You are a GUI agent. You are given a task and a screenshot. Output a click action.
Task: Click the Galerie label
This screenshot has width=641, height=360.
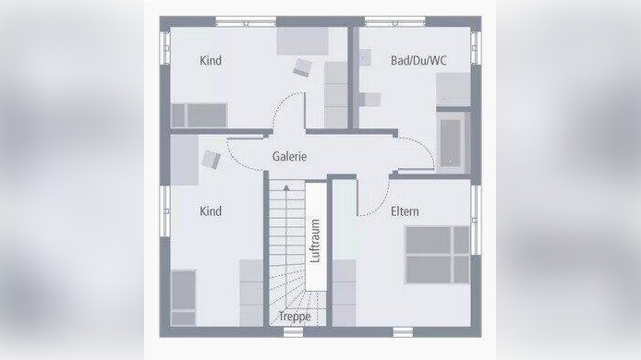click(289, 157)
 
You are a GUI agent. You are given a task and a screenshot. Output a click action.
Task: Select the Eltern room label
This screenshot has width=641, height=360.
click(405, 211)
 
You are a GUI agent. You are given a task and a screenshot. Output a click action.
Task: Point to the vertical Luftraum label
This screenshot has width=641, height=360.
click(316, 240)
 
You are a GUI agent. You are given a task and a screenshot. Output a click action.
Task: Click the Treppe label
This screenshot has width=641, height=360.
click(295, 317)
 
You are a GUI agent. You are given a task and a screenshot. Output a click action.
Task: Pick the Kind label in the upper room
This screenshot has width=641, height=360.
click(211, 61)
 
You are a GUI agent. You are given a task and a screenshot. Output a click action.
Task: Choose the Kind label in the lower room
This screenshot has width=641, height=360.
click(211, 211)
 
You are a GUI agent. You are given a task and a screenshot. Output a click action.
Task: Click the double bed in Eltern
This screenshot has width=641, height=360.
click(437, 254)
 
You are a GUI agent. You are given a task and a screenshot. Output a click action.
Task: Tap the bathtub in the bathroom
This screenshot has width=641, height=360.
click(452, 141)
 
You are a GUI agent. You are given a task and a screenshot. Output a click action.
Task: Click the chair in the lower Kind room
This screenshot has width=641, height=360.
click(211, 158)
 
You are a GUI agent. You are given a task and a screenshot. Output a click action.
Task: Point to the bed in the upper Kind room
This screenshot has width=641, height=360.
click(199, 114)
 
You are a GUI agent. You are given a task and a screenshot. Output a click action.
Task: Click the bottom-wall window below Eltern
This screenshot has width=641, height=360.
click(405, 330)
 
